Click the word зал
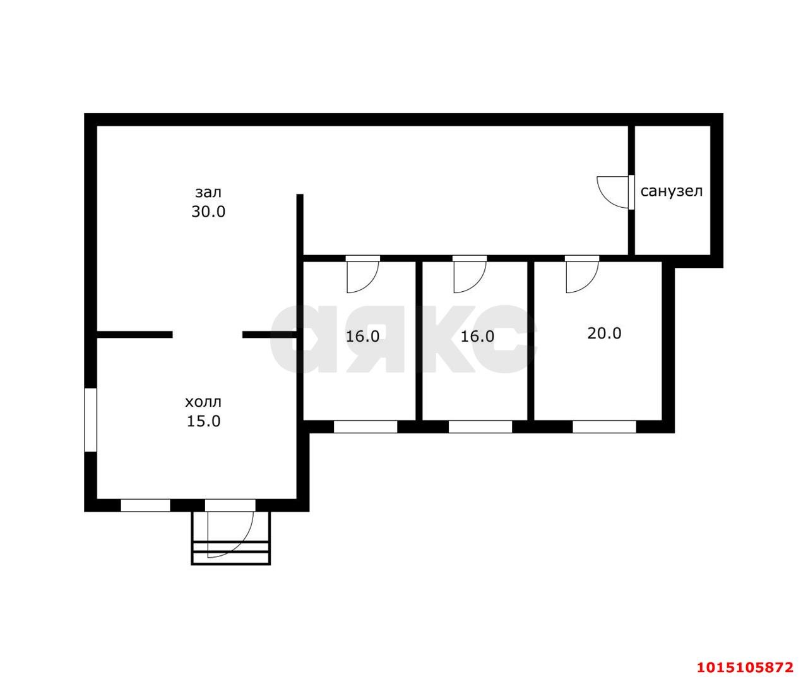[208, 193]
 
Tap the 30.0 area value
[208, 212]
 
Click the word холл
[203, 402]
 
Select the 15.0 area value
[203, 421]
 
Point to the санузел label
[672, 191]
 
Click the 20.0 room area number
[604, 333]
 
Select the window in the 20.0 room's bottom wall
[604, 426]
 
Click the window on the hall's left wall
[90, 420]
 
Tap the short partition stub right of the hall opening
[270, 335]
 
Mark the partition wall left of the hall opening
[134, 335]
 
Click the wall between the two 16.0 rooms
[419, 341]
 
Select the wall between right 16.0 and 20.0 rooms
[531, 341]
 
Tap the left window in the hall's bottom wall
[145, 505]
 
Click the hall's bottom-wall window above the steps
[230, 505]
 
